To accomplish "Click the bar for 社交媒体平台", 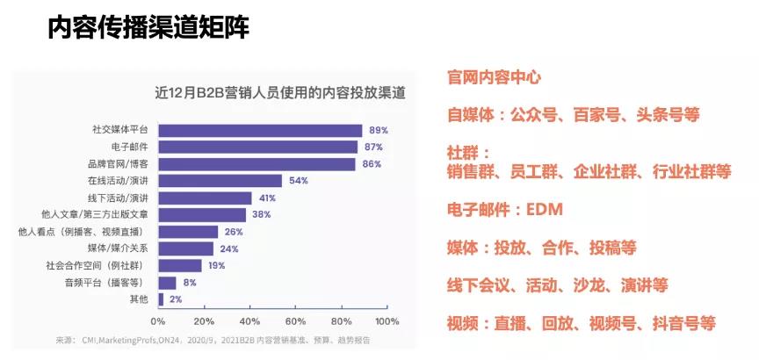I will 260,130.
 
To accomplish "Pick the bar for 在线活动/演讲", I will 220,181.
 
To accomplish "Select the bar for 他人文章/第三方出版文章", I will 202,215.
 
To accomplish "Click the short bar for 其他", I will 161,299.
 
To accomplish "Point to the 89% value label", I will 378,130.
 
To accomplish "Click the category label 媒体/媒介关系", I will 124,248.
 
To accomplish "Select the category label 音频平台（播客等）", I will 109,283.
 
